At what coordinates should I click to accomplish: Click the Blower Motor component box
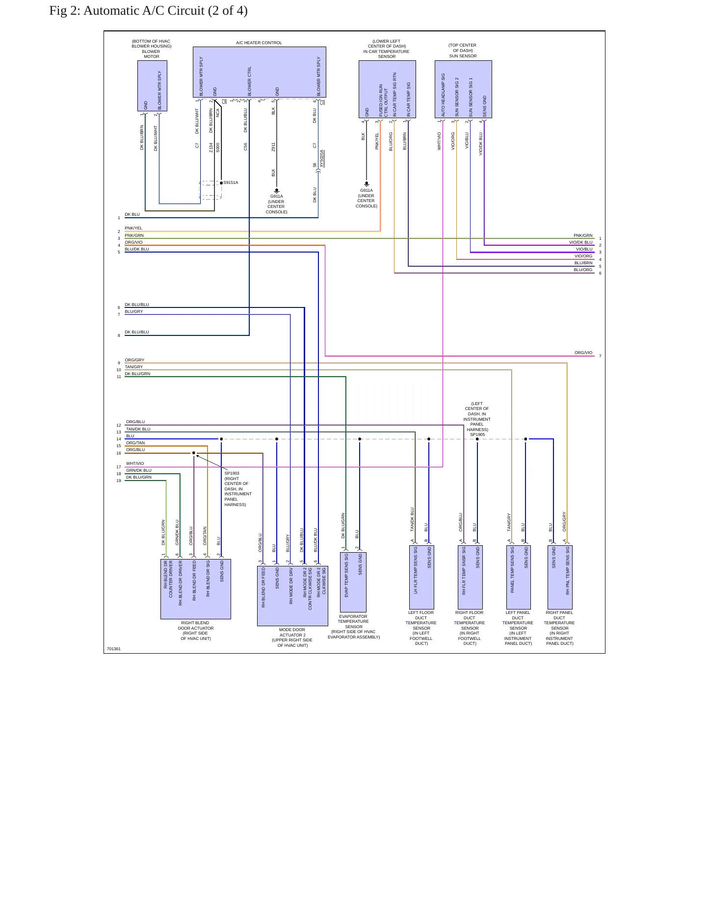(152, 86)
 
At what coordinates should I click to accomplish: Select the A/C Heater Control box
(260, 72)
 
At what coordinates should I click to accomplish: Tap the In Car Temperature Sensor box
(387, 89)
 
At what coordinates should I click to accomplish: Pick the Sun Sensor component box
(463, 89)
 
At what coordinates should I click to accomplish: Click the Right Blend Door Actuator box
(196, 589)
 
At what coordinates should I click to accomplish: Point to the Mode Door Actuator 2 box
(292, 596)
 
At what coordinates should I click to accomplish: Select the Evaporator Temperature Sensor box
(353, 582)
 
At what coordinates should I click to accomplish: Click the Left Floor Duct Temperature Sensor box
(421, 577)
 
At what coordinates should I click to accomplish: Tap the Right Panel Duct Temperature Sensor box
(560, 577)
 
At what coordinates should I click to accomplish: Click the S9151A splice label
(231, 182)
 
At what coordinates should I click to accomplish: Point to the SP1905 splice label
(477, 434)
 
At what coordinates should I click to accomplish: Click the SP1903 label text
(232, 473)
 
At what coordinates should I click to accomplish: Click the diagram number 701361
(114, 649)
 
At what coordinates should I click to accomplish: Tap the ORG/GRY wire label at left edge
(134, 360)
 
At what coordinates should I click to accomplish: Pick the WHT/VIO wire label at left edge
(135, 463)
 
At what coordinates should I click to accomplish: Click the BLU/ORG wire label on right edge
(583, 270)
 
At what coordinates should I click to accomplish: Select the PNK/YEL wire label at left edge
(133, 228)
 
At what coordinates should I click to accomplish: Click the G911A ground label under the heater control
(277, 196)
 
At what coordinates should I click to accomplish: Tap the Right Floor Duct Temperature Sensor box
(470, 577)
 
